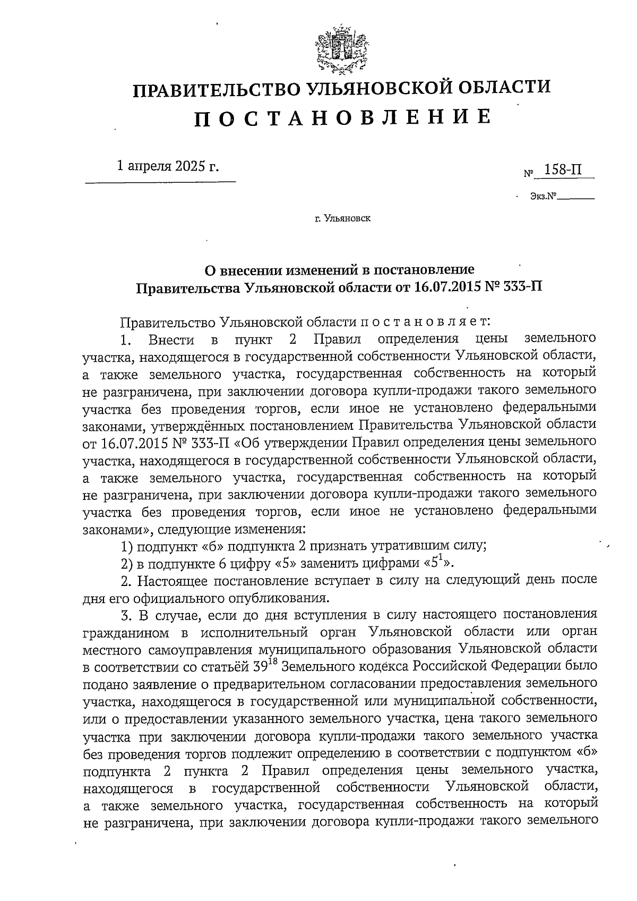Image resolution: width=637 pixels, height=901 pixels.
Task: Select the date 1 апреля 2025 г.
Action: [x=167, y=166]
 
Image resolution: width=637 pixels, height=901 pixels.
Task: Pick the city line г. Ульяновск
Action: [x=342, y=218]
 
